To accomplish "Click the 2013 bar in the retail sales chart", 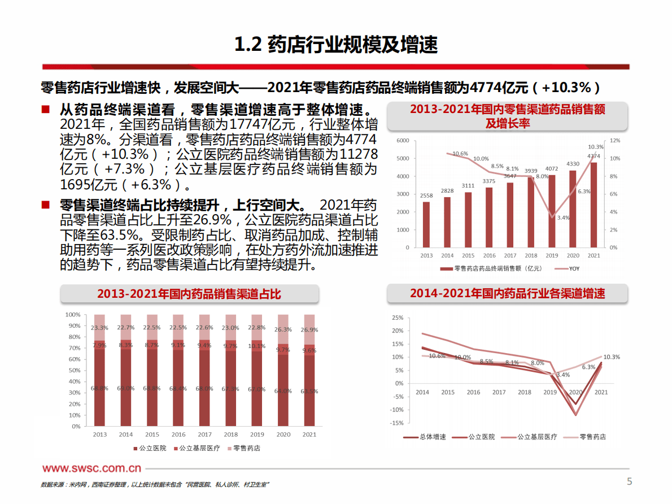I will tap(426, 224).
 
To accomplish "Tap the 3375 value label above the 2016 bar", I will tap(489, 181).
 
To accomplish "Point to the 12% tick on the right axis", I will tap(615, 140).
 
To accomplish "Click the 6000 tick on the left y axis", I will tap(403, 140).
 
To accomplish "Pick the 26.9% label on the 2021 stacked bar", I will tap(309, 329).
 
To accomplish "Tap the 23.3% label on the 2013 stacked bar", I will tap(100, 328).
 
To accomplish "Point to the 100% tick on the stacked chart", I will tap(73, 314).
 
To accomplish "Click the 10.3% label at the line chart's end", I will tap(612, 357).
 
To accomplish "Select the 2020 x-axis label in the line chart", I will tap(576, 392).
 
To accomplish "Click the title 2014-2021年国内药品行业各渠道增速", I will tap(507, 293).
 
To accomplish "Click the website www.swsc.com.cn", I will tap(91, 468).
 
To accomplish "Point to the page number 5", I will tap(630, 481).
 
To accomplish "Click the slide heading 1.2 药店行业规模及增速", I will tap(336, 45).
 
